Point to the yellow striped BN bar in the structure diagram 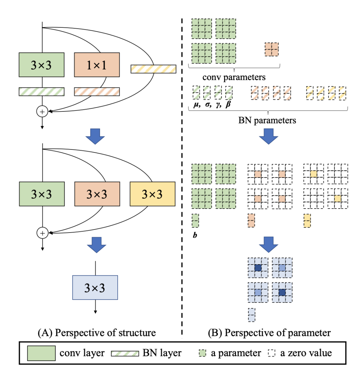click(153, 69)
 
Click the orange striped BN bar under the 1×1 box click(97, 91)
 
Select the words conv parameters click(234, 77)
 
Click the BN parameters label click(268, 120)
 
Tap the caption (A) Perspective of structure click(97, 332)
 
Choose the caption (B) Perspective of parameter click(269, 332)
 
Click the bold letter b click(195, 234)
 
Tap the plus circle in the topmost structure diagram click(42, 112)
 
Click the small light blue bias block click(252, 315)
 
